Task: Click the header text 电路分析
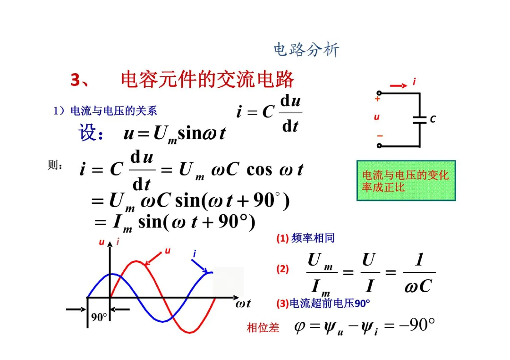point(306,50)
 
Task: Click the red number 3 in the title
point(76,80)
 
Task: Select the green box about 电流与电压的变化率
point(406,181)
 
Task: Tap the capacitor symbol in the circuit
point(419,119)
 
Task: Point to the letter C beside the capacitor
point(433,120)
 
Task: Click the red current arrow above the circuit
point(399,85)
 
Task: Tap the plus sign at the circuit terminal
point(377,100)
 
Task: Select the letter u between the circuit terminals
point(376,117)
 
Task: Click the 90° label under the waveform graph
point(99,317)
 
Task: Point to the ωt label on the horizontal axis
point(243,303)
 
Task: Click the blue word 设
point(89,133)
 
